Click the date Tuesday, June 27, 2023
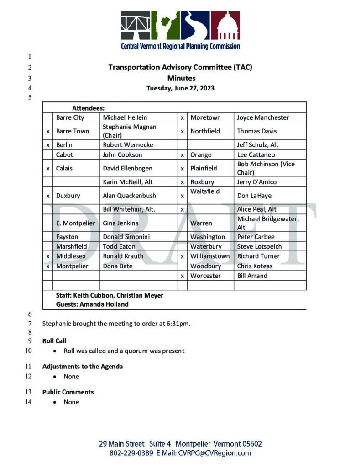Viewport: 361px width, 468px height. click(x=180, y=88)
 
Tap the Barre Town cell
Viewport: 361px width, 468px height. click(x=73, y=131)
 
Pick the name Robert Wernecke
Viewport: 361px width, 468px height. click(x=128, y=145)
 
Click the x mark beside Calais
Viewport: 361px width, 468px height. click(x=48, y=168)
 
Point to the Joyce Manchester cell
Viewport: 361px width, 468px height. click(x=263, y=117)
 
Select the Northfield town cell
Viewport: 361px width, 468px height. click(x=205, y=131)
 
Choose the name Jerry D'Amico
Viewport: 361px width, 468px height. click(x=256, y=182)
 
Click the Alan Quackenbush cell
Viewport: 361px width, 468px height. click(x=129, y=196)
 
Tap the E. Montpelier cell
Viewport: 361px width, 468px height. click(x=76, y=223)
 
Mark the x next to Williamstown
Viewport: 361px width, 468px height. click(x=182, y=256)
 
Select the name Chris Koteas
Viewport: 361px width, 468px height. click(x=255, y=266)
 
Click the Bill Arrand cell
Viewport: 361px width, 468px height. click(x=252, y=276)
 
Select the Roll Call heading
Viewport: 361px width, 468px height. click(x=54, y=341)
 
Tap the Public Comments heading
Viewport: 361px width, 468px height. click(x=68, y=392)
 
